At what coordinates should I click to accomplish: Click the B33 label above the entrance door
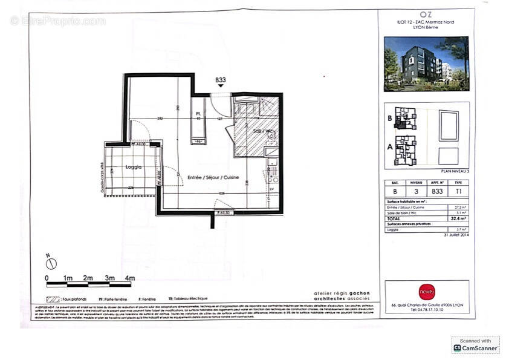click(x=221, y=79)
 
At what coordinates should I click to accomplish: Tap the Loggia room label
click(x=134, y=166)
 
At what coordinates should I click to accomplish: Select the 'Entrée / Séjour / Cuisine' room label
click(x=213, y=177)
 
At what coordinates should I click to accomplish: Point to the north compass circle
click(x=52, y=264)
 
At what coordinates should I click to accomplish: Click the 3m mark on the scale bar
click(x=109, y=278)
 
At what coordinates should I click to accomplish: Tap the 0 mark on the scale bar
click(x=47, y=278)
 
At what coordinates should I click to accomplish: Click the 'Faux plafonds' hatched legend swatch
click(x=53, y=299)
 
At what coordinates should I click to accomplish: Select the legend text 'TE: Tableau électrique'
click(x=188, y=299)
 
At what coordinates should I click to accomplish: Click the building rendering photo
click(x=426, y=64)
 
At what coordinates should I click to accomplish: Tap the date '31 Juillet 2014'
click(x=456, y=235)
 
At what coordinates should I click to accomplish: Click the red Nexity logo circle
click(x=426, y=292)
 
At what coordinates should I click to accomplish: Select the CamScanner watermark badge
click(x=475, y=345)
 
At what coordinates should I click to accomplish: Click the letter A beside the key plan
click(x=390, y=146)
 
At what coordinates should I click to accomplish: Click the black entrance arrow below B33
click(x=221, y=87)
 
